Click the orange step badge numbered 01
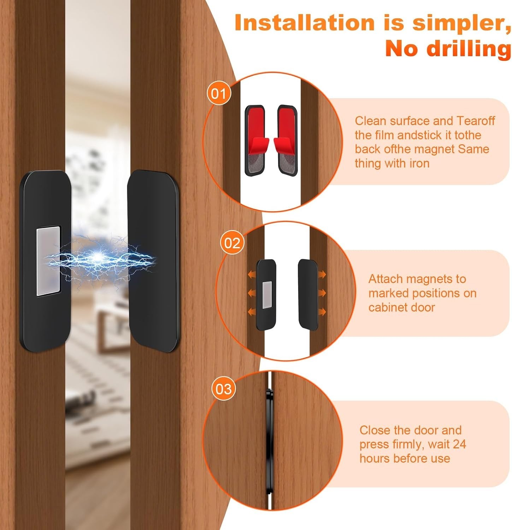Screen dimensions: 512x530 coord(219,94)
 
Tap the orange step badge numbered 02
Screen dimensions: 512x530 coord(232,243)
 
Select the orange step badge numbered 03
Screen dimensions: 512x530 coord(223,389)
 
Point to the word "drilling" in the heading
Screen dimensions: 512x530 coord(469,49)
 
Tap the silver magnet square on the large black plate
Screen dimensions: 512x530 coord(48,261)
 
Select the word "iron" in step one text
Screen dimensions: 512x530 coord(419,163)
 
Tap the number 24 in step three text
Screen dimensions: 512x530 coord(459,444)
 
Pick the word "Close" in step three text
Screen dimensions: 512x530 coord(375,430)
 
